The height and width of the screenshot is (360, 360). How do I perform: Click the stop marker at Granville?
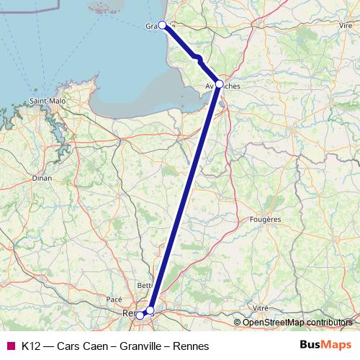[163, 24]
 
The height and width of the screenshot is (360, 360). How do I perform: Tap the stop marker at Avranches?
[219, 84]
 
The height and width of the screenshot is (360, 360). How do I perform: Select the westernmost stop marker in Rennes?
[140, 315]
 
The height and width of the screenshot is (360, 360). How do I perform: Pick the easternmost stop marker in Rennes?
[150, 310]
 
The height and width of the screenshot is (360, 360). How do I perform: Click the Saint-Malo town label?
[48, 101]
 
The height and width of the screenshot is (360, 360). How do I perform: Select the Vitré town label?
[260, 307]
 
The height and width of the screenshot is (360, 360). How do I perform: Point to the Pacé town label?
[114, 299]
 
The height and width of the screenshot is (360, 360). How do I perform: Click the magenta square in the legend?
[10, 345]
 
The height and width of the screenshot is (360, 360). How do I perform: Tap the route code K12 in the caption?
[32, 345]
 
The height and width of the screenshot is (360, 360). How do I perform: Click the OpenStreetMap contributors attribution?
[300, 322]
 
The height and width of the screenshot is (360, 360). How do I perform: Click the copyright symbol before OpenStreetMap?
[238, 322]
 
